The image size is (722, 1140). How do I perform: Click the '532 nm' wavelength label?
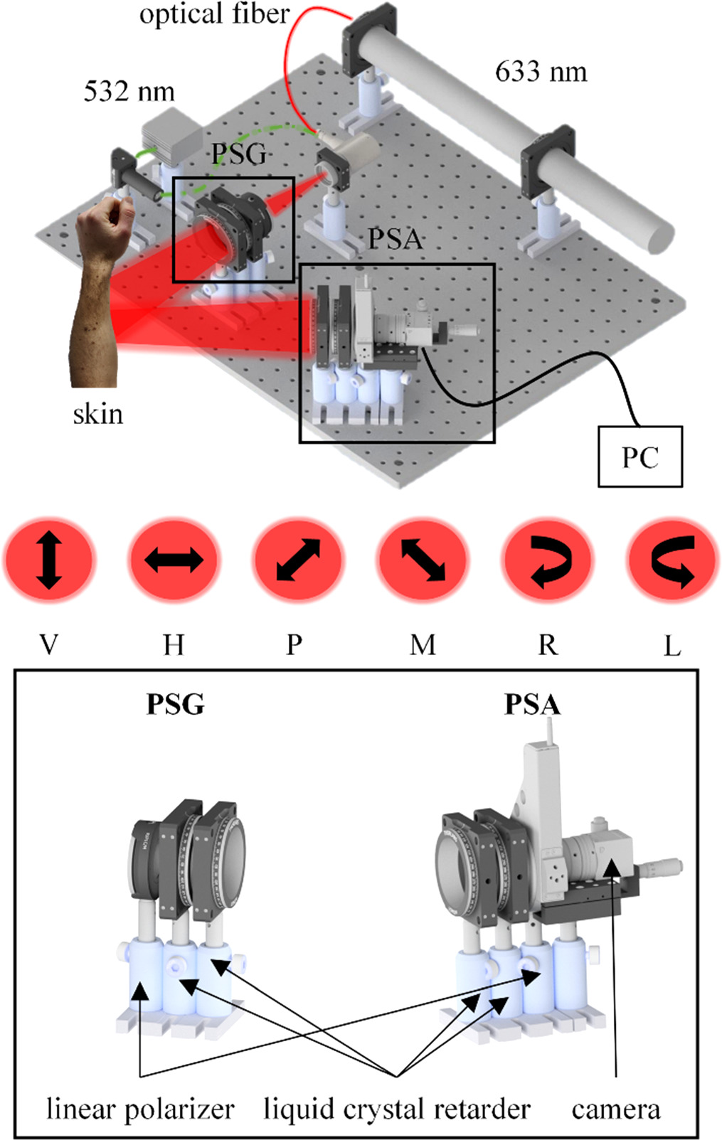(129, 92)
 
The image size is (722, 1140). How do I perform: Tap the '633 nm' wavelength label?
(541, 72)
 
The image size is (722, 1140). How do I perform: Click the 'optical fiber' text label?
(214, 14)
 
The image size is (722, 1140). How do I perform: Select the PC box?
(639, 457)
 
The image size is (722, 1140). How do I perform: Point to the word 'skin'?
(97, 414)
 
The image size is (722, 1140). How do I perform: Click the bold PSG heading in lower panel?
(175, 704)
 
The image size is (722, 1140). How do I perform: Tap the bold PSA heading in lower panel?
(532, 704)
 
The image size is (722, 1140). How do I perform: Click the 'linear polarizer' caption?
(140, 1109)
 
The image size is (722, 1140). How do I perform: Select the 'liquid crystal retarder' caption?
(397, 1109)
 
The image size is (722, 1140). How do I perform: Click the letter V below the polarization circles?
(48, 645)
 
